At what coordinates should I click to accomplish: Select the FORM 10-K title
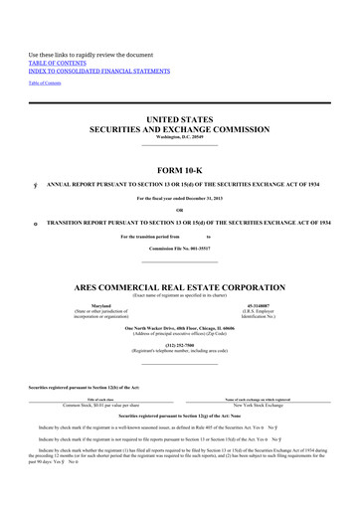pyautogui.click(x=180, y=167)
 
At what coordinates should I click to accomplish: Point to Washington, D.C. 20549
pyautogui.click(x=180, y=136)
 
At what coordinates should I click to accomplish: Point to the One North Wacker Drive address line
pyautogui.click(x=180, y=326)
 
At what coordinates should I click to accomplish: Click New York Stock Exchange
pyautogui.click(x=257, y=406)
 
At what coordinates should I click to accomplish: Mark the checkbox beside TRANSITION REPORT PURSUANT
pyautogui.click(x=37, y=223)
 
